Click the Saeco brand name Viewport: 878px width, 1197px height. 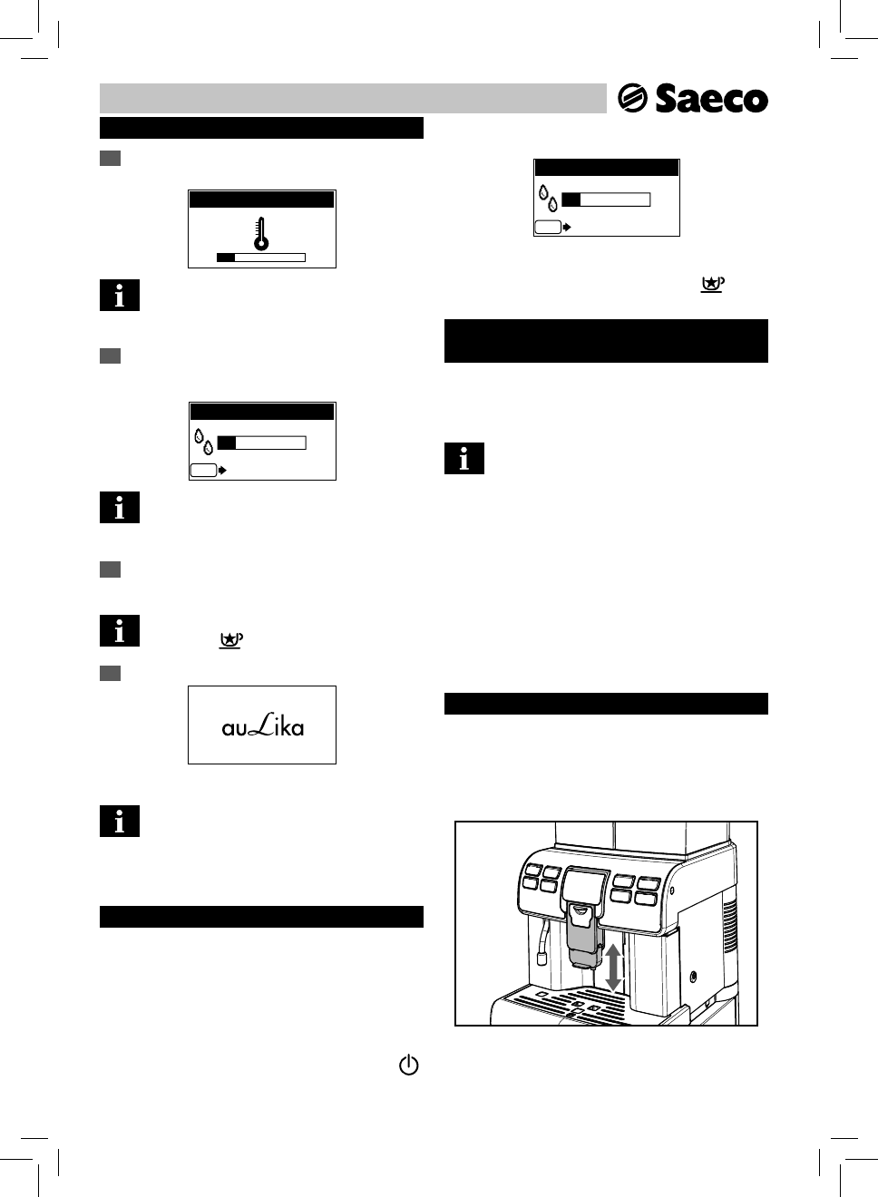click(711, 99)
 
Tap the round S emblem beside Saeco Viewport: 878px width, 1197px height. click(631, 99)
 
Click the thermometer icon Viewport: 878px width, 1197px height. click(261, 233)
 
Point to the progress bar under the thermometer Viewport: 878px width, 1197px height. click(261, 258)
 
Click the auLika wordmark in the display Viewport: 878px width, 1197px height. click(262, 725)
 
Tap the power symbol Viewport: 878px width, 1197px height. click(409, 1066)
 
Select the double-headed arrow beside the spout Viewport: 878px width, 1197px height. click(614, 968)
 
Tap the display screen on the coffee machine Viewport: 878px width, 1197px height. click(585, 883)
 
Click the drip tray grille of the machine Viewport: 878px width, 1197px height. click(571, 1004)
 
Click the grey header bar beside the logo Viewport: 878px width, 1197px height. click(352, 98)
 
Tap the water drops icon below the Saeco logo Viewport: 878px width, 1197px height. click(547, 199)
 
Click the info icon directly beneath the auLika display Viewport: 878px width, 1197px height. click(120, 821)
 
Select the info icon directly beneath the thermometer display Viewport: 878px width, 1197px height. click(120, 296)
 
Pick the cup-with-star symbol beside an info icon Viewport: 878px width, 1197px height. click(231, 640)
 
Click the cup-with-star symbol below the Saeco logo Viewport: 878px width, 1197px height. click(712, 285)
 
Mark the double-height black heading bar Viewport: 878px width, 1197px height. click(606, 341)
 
